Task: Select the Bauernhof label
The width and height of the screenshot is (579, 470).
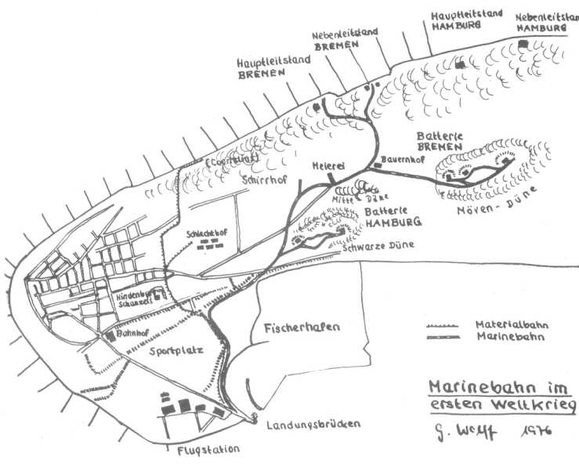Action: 397,158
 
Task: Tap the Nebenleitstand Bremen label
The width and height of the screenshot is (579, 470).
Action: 346,39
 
